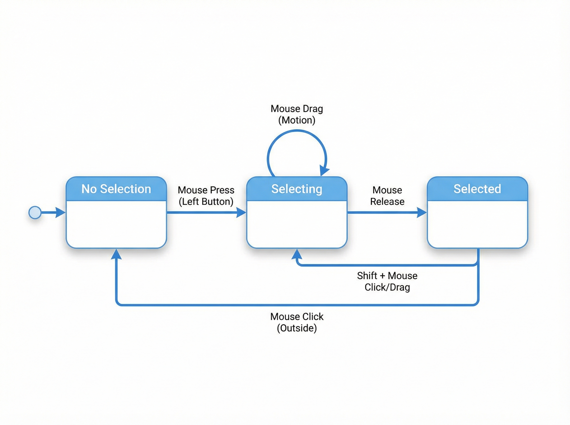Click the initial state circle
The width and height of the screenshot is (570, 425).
click(x=35, y=212)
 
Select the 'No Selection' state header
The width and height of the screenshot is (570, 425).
click(x=116, y=189)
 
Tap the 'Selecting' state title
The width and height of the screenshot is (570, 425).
click(x=297, y=189)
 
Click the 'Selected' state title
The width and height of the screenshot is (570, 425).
click(x=477, y=189)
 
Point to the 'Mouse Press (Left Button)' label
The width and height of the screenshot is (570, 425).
click(x=206, y=196)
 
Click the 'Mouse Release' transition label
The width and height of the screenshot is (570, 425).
click(x=387, y=196)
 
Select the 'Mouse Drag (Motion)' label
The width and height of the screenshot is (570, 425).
click(x=297, y=115)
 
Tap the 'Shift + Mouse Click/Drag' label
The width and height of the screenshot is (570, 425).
click(x=387, y=282)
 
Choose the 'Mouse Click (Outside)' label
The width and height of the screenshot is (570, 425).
click(x=297, y=322)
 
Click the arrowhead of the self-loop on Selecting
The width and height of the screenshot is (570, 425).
click(x=324, y=171)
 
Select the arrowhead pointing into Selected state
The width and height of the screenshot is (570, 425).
click(x=422, y=212)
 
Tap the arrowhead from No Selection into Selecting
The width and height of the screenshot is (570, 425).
click(x=241, y=212)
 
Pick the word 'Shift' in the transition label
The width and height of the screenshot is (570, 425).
click(x=367, y=276)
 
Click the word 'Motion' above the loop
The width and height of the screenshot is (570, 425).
click(x=297, y=120)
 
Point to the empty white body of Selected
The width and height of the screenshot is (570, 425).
click(x=477, y=224)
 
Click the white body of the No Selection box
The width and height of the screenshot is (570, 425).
click(x=116, y=224)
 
